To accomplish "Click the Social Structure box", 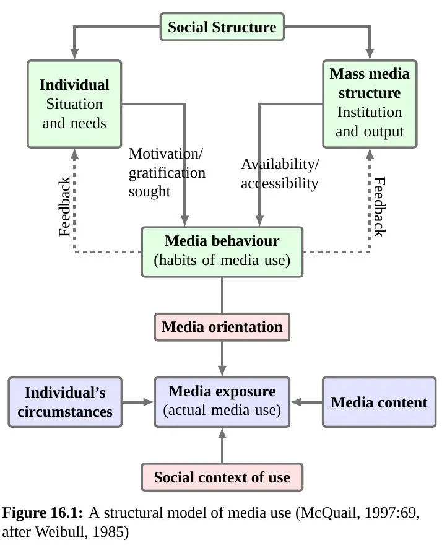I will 222,27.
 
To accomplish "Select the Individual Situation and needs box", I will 74,103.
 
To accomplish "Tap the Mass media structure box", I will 370,103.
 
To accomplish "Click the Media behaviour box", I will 222,251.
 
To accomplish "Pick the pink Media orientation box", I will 222,327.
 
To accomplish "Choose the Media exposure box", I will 222,401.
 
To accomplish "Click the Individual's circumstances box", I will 65,402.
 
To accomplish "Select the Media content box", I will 379,402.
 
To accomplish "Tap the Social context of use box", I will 222,477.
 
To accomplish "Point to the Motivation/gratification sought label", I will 167,172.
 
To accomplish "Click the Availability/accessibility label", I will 280,174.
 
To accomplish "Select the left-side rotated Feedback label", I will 65,207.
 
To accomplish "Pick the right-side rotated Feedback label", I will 379,207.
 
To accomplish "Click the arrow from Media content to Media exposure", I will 306,402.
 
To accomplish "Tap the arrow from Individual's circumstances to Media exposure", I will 137,402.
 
